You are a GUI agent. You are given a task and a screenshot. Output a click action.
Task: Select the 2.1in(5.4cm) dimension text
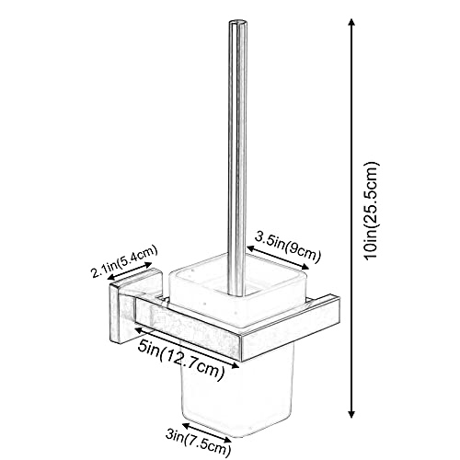(124, 261)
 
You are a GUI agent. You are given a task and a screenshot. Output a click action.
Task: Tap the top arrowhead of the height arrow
(351, 22)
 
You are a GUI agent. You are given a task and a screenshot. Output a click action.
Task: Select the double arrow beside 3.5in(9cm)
(278, 257)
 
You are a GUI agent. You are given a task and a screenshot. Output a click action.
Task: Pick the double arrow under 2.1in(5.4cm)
(130, 271)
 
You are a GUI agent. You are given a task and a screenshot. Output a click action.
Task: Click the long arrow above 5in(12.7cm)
(187, 347)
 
